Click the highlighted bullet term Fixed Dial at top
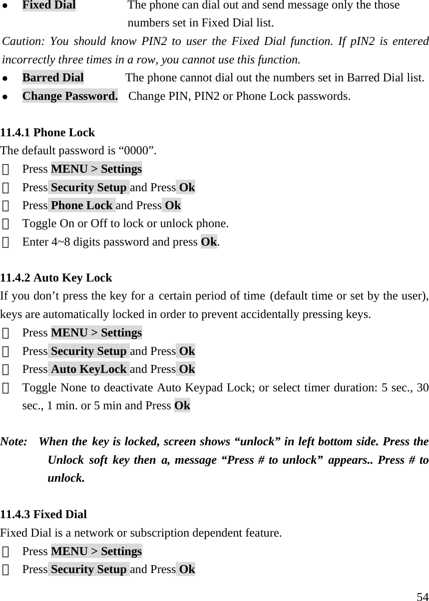click(49, 5)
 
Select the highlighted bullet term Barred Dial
click(53, 78)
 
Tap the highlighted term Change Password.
click(70, 96)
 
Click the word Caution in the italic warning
click(19, 41)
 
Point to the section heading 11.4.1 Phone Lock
click(47, 133)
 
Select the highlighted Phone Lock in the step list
click(82, 206)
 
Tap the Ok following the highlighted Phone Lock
click(173, 206)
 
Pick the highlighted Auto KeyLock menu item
click(89, 369)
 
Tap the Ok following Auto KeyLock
click(187, 369)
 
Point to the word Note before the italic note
click(14, 442)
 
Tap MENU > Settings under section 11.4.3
click(96, 552)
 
